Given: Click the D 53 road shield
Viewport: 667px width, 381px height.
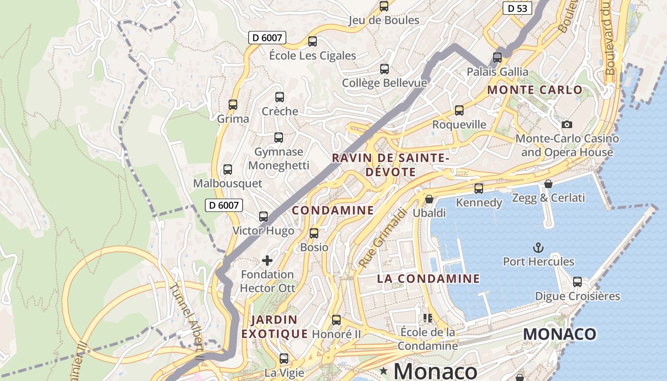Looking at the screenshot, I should (x=517, y=8).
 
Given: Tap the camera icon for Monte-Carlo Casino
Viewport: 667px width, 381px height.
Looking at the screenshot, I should (x=566, y=124).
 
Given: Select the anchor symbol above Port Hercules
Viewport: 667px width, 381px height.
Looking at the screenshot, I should (x=538, y=248).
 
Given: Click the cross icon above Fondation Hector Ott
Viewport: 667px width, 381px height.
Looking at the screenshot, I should (x=267, y=260).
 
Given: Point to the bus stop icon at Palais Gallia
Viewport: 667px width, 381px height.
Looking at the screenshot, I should (x=497, y=58).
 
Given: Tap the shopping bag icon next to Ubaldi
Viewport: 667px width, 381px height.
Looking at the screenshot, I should (x=429, y=199).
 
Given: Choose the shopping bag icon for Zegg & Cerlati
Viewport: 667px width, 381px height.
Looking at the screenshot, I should (x=548, y=184).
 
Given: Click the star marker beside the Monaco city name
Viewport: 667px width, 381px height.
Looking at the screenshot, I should (x=384, y=370).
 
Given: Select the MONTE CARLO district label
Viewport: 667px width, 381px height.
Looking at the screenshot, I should (x=535, y=90).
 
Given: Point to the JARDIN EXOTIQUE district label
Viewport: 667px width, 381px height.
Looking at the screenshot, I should (x=274, y=327).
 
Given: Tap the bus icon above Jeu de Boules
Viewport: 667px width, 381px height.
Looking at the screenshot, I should (x=384, y=6).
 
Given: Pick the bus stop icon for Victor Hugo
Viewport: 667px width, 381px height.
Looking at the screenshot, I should (x=263, y=217).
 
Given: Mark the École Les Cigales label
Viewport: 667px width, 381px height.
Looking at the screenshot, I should (x=313, y=56).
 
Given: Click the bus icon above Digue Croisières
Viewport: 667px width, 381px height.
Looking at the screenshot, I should (x=577, y=281).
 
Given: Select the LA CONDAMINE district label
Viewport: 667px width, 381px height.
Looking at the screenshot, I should (x=428, y=279).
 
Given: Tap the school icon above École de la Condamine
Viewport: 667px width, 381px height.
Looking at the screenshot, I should (x=427, y=318).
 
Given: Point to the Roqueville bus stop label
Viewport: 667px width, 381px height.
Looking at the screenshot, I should (x=459, y=125).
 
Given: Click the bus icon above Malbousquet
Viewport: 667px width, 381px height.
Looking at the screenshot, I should (x=228, y=169).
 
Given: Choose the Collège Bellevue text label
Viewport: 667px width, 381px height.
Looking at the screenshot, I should (x=384, y=83).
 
